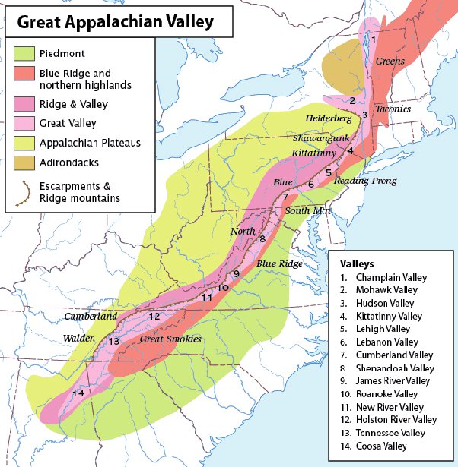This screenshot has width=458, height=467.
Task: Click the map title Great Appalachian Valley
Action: (114, 22)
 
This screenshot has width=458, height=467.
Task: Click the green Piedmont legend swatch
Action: (24, 54)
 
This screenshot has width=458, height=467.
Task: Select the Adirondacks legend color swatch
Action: (24, 162)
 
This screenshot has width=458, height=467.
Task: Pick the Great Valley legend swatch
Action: (24, 122)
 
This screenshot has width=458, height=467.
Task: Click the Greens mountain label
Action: (389, 60)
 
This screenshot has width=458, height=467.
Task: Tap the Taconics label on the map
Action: (393, 109)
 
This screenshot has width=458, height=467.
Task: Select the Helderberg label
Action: (328, 119)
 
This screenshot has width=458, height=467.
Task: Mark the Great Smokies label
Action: (170, 339)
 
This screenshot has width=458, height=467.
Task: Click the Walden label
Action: (79, 337)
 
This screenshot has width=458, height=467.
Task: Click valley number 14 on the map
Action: (78, 393)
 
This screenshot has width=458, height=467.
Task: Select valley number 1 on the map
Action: (374, 38)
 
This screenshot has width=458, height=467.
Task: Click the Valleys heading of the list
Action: (357, 263)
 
